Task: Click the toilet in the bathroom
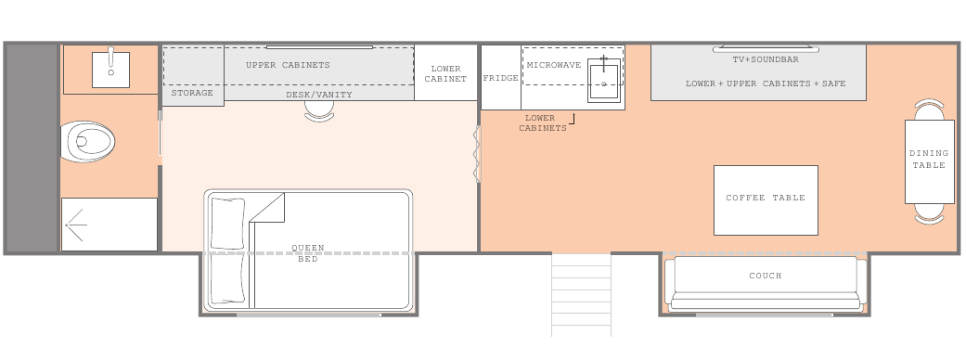[88, 142]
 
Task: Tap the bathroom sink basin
[111, 70]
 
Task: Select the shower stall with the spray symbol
[109, 225]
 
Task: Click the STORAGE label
[192, 93]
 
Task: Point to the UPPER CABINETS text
[288, 65]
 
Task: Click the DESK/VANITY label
[319, 95]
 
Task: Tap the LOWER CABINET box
[446, 72]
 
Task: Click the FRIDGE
[501, 77]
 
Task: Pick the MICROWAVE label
[554, 65]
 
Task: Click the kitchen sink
[604, 80]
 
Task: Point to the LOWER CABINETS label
[542, 122]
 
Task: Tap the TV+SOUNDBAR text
[766, 59]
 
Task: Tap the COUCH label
[766, 276]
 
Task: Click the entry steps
[581, 295]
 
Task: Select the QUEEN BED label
[308, 253]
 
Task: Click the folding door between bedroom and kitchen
[477, 153]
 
